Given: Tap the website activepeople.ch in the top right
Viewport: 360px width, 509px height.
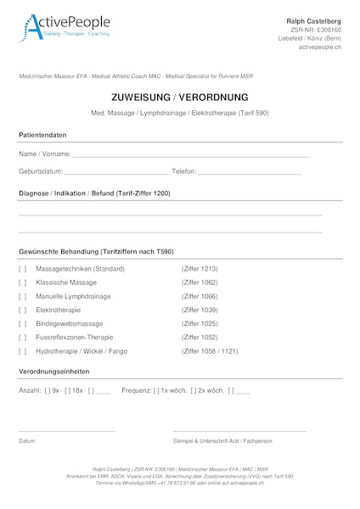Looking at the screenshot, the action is click(320, 48).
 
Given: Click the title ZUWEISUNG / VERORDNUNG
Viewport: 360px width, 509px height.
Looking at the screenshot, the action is click(179, 98).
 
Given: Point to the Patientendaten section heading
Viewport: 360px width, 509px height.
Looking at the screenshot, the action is click(42, 136).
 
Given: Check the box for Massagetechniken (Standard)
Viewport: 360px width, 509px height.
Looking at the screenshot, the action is click(23, 269).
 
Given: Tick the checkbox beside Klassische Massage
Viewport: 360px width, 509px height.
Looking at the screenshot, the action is click(23, 282).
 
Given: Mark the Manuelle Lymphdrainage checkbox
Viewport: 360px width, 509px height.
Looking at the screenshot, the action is click(23, 296).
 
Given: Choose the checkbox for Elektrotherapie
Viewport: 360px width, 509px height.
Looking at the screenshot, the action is click(23, 310).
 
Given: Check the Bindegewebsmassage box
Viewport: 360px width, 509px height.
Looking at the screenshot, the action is click(23, 323).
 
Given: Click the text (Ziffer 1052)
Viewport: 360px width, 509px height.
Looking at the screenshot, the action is click(200, 337).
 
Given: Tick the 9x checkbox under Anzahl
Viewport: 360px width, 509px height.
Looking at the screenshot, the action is click(48, 390).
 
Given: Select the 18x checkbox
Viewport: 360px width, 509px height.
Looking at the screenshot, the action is click(68, 390).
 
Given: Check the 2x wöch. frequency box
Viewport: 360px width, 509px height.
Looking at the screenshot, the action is click(194, 390).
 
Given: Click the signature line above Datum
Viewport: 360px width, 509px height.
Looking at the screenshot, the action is click(66, 432).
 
